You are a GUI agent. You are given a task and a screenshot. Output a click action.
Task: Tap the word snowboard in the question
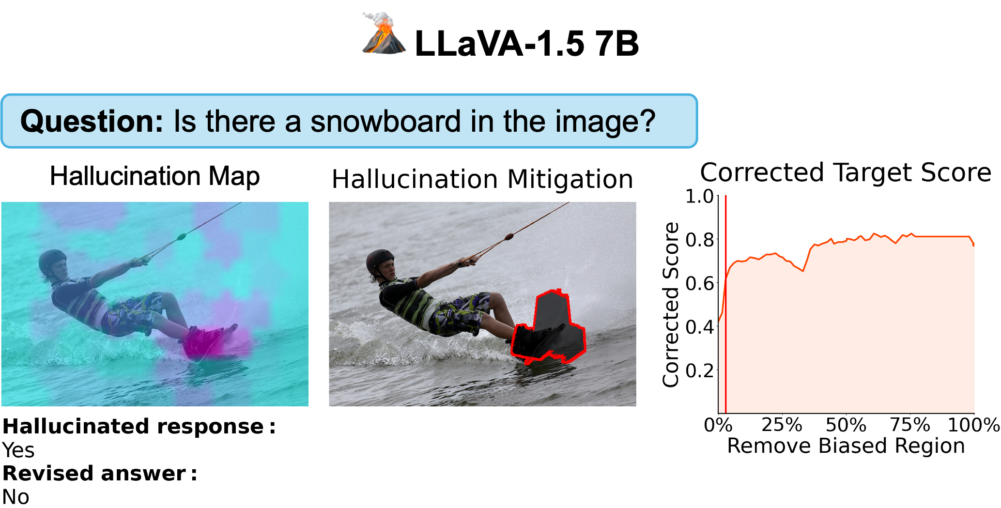click(x=386, y=121)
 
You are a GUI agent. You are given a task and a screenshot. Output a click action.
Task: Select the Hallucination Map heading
click(x=155, y=176)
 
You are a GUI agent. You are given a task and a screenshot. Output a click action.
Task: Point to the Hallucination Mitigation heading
click(x=482, y=180)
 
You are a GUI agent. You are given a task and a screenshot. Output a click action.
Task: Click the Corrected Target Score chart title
click(x=846, y=172)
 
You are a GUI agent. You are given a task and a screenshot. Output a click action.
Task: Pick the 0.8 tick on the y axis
click(x=699, y=239)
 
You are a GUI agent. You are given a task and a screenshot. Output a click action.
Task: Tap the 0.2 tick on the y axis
click(x=699, y=370)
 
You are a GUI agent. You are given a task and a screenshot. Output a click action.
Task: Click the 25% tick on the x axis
click(x=782, y=425)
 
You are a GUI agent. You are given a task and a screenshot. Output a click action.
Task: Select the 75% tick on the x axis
click(x=910, y=425)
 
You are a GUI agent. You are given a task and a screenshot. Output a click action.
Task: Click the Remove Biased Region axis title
click(x=846, y=446)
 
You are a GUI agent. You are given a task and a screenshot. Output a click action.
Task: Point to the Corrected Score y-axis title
click(x=671, y=305)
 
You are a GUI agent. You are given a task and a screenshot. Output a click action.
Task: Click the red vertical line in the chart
click(x=725, y=304)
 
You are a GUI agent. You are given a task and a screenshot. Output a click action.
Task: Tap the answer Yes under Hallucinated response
click(x=18, y=450)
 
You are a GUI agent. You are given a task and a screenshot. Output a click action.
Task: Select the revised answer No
click(x=15, y=497)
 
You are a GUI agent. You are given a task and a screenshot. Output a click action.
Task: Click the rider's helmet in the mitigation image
click(x=381, y=262)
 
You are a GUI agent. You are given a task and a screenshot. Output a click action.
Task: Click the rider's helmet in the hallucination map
click(x=53, y=262)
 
